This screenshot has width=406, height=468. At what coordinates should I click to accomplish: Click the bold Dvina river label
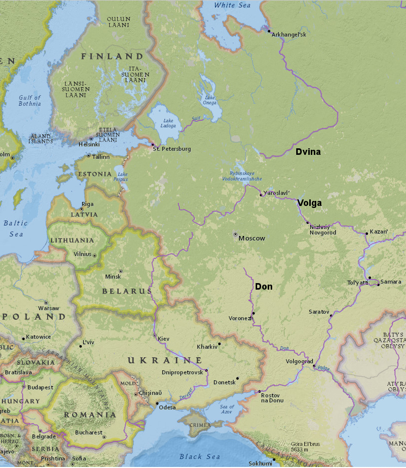tap(308, 152)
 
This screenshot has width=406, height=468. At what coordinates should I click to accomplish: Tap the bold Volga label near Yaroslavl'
tap(309, 203)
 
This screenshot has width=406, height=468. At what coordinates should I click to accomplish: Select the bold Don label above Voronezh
tap(264, 287)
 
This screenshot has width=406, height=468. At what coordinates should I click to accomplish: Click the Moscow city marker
tap(235, 234)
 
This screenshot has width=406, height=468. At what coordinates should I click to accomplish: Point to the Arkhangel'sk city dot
tap(269, 31)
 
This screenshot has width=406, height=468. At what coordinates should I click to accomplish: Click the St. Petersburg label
tap(172, 149)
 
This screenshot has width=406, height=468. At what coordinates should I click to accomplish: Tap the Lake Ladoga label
tap(169, 123)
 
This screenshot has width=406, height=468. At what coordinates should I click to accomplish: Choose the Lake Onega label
tap(210, 100)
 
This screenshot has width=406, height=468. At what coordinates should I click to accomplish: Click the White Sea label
tap(232, 6)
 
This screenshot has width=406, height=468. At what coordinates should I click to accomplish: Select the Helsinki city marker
tap(91, 139)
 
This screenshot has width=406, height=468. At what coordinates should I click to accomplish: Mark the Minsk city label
tap(113, 277)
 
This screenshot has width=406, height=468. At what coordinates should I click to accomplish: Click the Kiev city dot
tap(155, 335)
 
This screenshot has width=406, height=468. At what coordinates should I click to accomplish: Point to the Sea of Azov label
tap(227, 408)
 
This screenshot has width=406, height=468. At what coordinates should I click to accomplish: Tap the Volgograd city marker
tap(314, 366)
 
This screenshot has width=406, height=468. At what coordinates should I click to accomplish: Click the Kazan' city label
tap(378, 232)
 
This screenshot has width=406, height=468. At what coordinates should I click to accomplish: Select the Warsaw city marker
tap(46, 303)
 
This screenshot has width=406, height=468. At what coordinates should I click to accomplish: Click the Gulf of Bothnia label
tap(30, 101)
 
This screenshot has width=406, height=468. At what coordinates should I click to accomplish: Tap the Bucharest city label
tap(89, 432)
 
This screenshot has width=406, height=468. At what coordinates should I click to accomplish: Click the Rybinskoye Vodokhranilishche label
tap(242, 176)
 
